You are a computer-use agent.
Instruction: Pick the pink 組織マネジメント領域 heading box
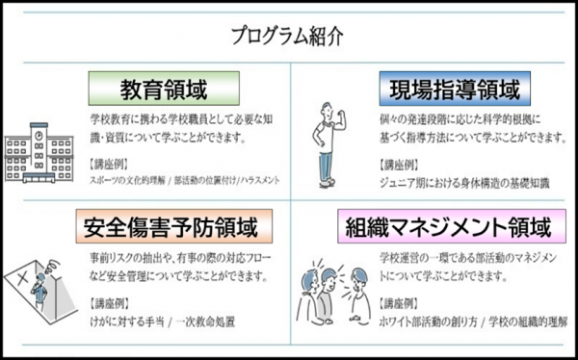click(449, 228)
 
